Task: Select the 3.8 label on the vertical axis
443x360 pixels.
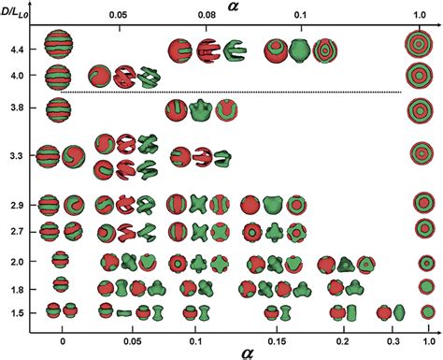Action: (x=13, y=109)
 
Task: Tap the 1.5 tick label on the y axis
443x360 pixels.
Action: (x=13, y=311)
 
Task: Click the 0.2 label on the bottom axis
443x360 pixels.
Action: (x=344, y=331)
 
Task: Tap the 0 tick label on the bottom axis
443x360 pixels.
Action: (x=62, y=331)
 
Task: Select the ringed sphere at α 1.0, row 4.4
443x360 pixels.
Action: (x=420, y=44)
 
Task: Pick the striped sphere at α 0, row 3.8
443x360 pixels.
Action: (x=61, y=110)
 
